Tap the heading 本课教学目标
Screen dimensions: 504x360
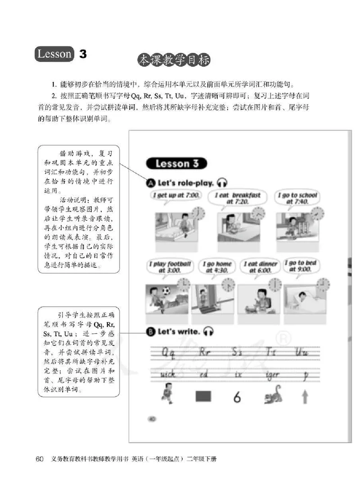(x=174, y=60)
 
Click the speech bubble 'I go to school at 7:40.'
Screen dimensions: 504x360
(x=297, y=198)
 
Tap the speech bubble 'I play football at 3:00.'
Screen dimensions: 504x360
(x=171, y=267)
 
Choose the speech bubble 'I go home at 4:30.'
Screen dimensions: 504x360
(x=217, y=267)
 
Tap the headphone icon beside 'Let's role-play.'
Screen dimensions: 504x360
(x=222, y=182)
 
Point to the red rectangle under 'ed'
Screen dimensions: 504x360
(x=203, y=396)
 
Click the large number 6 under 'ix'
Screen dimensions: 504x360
(x=237, y=397)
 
